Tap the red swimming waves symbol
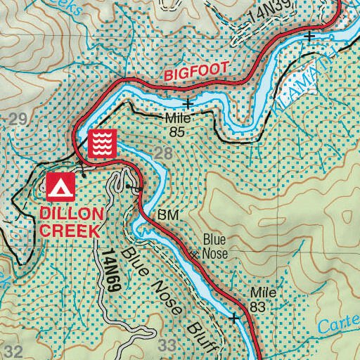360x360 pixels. (102, 143)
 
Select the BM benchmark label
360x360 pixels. (166, 214)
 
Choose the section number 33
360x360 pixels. (167, 345)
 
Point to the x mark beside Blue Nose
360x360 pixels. (196, 254)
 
